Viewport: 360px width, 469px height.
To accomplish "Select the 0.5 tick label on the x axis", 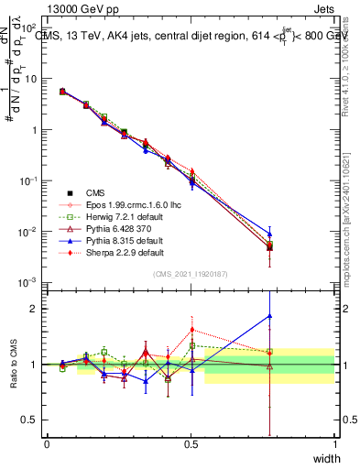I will [191, 444].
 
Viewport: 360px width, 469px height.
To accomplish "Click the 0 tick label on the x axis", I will [47, 444].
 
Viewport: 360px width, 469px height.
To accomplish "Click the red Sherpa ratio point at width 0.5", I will [191, 330].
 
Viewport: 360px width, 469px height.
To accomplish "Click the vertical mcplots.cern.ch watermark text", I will [352, 229].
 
